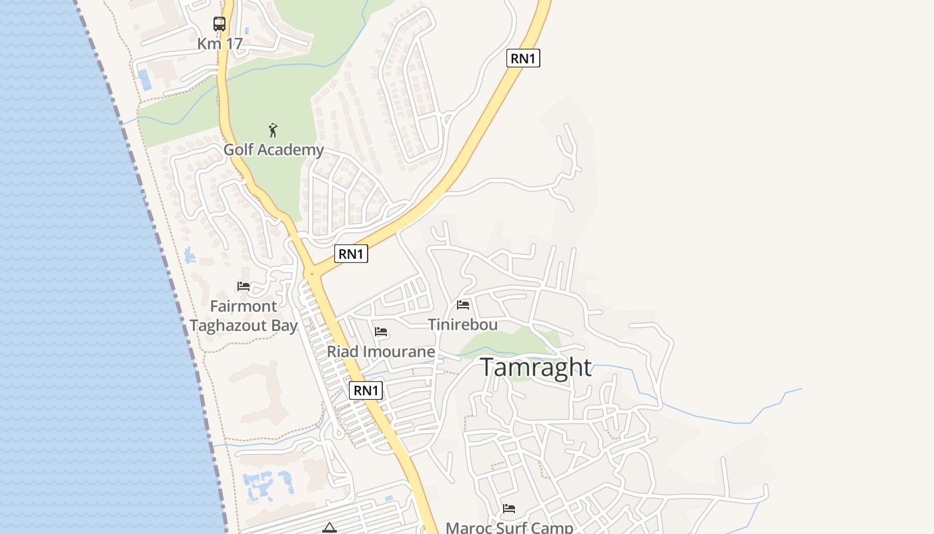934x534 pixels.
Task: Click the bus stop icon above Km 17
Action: (219, 24)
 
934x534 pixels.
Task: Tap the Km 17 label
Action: (219, 44)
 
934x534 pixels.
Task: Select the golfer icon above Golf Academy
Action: (272, 129)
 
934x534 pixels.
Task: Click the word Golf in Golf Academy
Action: (238, 150)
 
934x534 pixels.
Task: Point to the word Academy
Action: (290, 150)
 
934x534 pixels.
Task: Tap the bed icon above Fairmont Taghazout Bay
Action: (244, 286)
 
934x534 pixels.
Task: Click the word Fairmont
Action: (244, 306)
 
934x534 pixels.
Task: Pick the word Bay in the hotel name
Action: (284, 326)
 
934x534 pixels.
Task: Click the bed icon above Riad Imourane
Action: (381, 332)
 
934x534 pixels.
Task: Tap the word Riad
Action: (342, 351)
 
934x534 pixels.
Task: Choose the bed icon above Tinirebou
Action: (463, 305)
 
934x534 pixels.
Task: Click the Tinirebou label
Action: (463, 325)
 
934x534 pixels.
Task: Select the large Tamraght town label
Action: (536, 367)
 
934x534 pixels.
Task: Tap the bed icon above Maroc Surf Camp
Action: (509, 509)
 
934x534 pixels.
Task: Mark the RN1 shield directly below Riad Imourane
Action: (366, 390)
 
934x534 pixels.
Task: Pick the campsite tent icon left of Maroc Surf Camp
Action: (329, 528)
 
